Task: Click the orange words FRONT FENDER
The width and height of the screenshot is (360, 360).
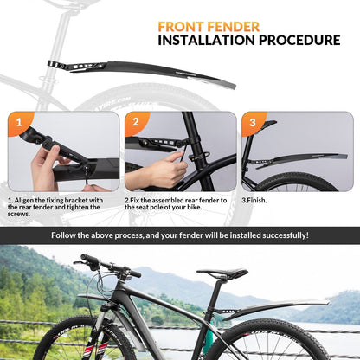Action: (209, 27)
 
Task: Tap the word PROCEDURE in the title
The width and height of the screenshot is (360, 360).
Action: (299, 40)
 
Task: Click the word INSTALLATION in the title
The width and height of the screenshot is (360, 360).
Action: (207, 40)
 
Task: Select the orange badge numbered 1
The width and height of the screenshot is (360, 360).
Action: (19, 122)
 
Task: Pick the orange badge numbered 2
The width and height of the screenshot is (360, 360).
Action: (136, 122)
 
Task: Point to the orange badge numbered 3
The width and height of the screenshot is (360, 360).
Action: (253, 122)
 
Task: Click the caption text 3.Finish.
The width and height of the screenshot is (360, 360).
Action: (254, 201)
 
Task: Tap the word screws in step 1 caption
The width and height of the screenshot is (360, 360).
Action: (18, 215)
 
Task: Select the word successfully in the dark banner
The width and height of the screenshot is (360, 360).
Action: (286, 235)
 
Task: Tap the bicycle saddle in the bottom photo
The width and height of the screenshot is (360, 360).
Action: (222, 273)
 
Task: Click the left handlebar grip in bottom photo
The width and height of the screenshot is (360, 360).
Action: (90, 259)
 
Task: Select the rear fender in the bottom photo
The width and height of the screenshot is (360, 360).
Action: (276, 309)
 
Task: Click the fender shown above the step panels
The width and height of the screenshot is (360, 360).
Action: (142, 72)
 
